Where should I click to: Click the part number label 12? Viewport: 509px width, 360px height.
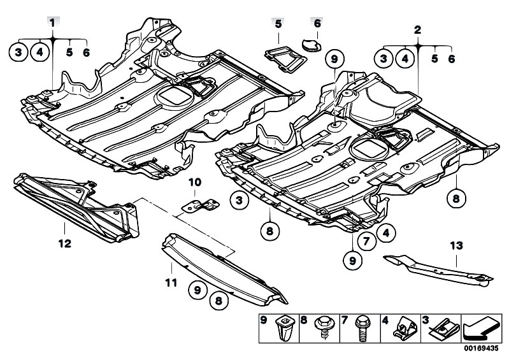click(x=64, y=243)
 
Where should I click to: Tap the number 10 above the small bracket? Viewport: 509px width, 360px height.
click(x=194, y=182)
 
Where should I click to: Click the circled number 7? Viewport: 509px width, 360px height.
click(x=367, y=241)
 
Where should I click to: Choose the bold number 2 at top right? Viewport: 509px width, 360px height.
click(x=417, y=29)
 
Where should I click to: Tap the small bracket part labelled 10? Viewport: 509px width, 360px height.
click(x=200, y=204)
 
